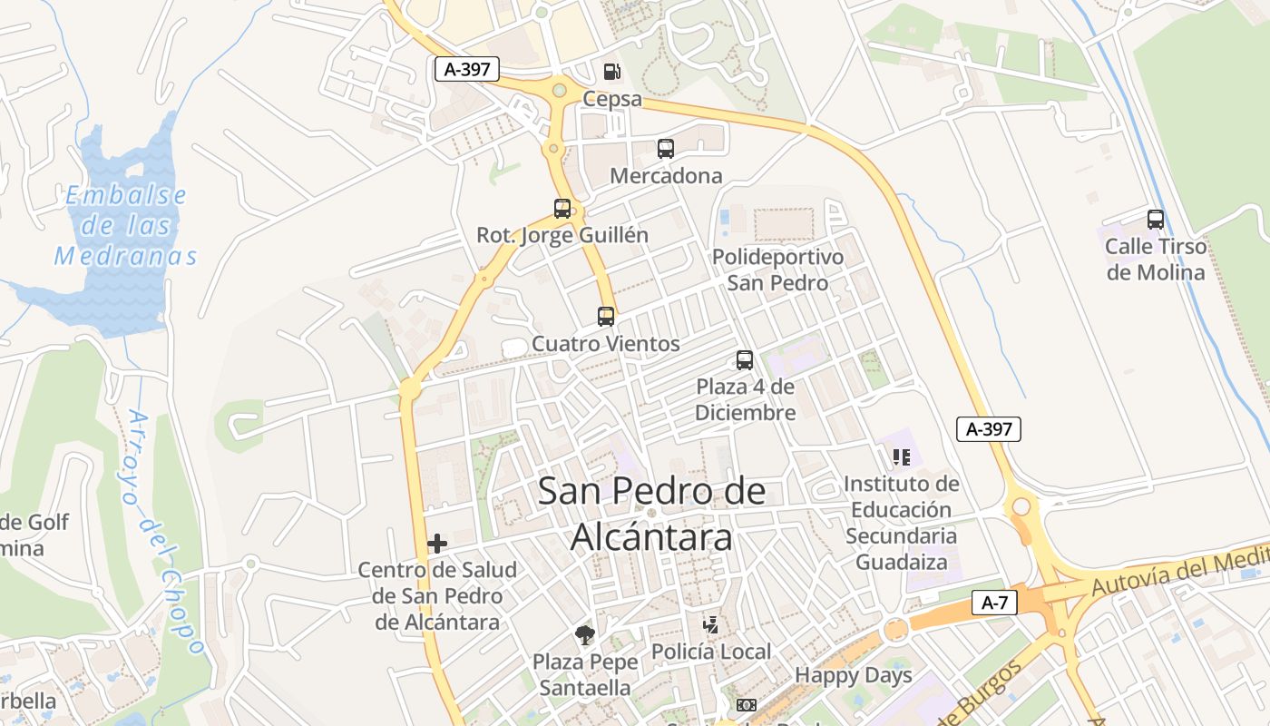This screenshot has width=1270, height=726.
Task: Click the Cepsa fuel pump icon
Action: tap(613, 72)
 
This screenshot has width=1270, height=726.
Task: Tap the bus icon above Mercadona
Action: tap(666, 149)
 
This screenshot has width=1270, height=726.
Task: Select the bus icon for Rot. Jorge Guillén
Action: tap(562, 209)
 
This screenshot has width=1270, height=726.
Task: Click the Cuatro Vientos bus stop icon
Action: tap(606, 317)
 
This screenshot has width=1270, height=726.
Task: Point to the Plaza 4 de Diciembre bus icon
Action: tap(745, 360)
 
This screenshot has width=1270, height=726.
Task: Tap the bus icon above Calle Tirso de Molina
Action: tap(1156, 220)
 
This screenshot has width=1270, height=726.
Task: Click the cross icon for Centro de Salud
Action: tap(437, 544)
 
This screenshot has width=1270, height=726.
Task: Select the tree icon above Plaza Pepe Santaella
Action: tap(584, 635)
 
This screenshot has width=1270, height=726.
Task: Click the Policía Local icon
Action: tap(712, 624)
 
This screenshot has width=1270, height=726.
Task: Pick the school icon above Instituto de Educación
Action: tap(901, 456)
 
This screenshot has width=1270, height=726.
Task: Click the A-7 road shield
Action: tap(994, 603)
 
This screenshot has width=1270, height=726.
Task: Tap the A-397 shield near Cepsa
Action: tap(467, 69)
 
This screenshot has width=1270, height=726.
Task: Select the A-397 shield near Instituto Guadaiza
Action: tap(989, 429)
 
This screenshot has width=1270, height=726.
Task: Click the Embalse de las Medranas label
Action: tap(125, 226)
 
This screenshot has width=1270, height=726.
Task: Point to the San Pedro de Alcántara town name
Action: tap(651, 514)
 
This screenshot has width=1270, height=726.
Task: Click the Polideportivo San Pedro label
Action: tap(777, 270)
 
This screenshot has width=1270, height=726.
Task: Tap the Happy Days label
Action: tap(853, 675)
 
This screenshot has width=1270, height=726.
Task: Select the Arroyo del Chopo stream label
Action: tap(164, 531)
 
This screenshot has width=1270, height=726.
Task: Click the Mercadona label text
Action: tap(666, 176)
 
